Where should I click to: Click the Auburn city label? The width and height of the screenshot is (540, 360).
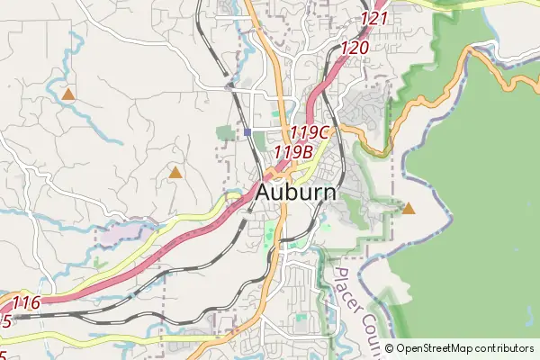click(x=296, y=193)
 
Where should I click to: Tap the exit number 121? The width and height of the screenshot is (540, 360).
click(x=373, y=18)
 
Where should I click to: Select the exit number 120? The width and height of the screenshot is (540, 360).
click(x=355, y=48)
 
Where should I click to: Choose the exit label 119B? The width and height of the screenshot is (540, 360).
click(x=292, y=152)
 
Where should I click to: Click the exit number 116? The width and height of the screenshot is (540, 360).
click(x=26, y=303)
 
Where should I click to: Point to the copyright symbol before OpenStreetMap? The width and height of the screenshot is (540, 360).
click(x=390, y=348)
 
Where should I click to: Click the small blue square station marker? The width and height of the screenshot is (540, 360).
click(x=247, y=132)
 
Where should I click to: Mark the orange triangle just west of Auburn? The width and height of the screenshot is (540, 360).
click(x=175, y=171)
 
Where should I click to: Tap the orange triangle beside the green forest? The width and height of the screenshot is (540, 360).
click(x=409, y=209)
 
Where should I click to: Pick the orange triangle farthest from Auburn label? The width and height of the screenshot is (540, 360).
click(x=68, y=94)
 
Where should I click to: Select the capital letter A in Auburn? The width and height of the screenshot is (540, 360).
click(x=266, y=193)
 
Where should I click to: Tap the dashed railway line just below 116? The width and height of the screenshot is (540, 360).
click(x=54, y=317)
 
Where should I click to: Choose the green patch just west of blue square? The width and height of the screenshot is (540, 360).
click(x=225, y=134)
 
